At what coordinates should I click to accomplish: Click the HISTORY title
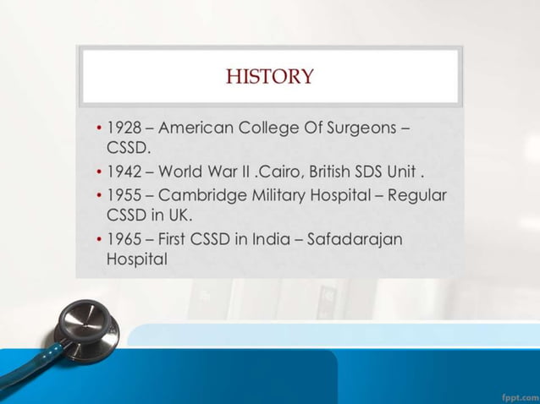[x=269, y=77]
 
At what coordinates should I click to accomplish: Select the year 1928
[x=124, y=129]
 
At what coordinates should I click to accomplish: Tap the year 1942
[x=124, y=172]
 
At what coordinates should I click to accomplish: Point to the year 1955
[x=124, y=195]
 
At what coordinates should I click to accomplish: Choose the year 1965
[x=124, y=239]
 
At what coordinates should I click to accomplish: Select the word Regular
[x=416, y=195]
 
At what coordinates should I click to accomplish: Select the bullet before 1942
[x=99, y=173]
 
